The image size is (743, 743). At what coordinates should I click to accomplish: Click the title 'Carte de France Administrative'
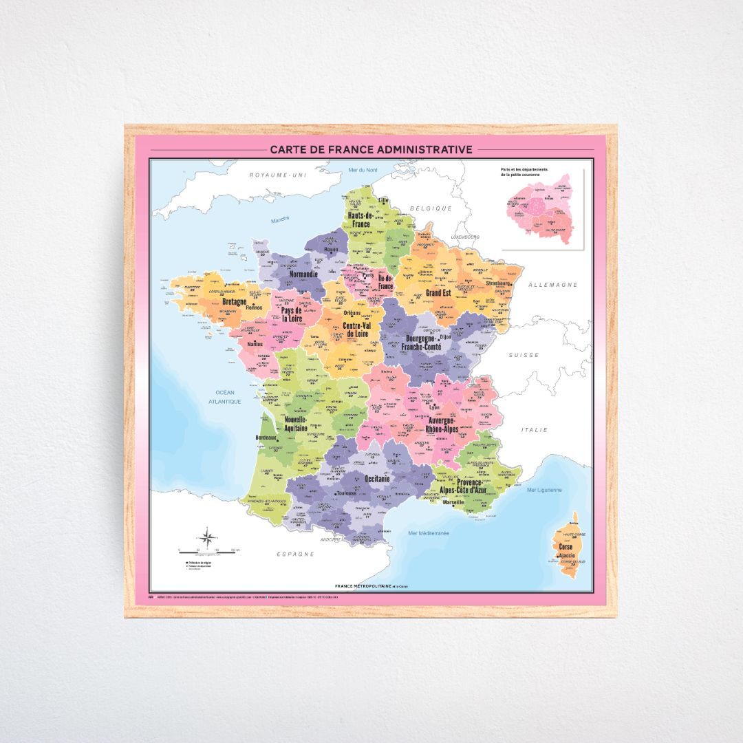[x=371, y=149]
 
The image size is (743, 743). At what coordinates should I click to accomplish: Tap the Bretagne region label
[x=234, y=301]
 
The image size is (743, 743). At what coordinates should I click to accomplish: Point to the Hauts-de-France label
[x=360, y=219]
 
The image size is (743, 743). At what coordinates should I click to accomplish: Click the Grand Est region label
[x=442, y=292]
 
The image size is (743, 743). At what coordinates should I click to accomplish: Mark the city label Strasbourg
[x=497, y=283]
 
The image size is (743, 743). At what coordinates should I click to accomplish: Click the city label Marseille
[x=453, y=502]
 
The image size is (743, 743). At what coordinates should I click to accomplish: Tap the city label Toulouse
[x=346, y=493]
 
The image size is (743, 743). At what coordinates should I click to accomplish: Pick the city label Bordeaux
[x=265, y=438]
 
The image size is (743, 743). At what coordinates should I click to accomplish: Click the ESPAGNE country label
[x=295, y=553]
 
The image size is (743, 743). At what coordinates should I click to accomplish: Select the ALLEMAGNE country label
[x=552, y=284]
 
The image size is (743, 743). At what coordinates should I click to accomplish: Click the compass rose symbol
[x=207, y=536]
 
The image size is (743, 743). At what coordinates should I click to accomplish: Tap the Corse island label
[x=566, y=546]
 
